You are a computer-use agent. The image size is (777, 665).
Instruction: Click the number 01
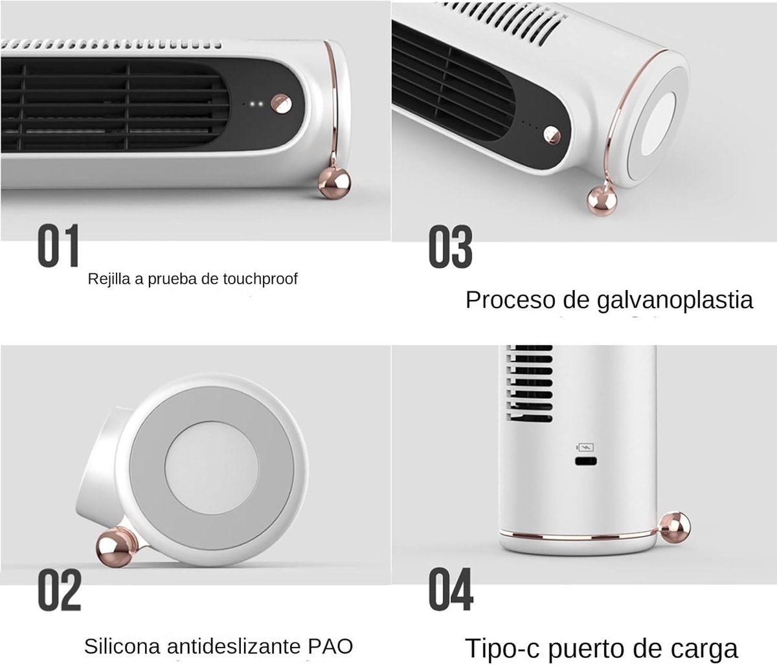(59, 245)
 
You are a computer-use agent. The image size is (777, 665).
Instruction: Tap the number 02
(60, 590)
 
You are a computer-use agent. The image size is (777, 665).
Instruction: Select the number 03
(451, 247)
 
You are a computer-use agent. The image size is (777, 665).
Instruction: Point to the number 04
(451, 589)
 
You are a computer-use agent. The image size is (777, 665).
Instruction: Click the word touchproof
(260, 279)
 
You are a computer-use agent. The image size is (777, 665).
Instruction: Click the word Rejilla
(109, 279)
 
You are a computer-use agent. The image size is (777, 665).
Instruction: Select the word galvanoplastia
(675, 300)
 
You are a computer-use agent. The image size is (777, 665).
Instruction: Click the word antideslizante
(234, 646)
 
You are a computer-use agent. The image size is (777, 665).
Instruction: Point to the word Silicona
(122, 646)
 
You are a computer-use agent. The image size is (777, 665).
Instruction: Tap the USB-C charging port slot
(585, 461)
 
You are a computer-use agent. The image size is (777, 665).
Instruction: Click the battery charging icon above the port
(585, 447)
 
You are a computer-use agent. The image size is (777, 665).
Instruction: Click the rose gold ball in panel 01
(334, 184)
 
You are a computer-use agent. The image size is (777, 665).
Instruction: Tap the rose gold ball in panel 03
(602, 201)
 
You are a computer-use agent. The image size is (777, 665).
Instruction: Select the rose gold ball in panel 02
(115, 547)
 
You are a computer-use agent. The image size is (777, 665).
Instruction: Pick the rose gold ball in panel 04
(675, 527)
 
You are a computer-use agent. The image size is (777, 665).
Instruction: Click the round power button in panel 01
(282, 104)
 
